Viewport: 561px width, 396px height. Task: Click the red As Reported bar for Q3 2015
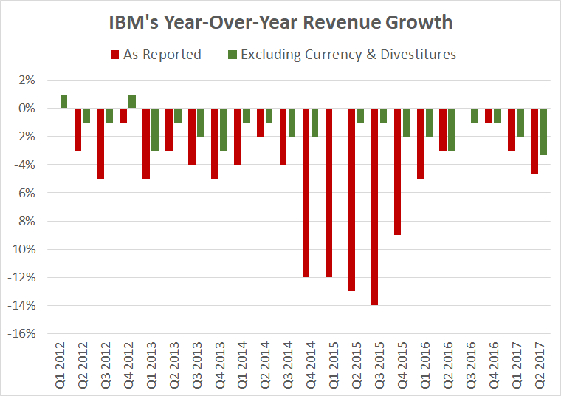[376, 207]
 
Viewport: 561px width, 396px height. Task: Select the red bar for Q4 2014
[307, 193]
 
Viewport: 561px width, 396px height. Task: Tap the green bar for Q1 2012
[64, 101]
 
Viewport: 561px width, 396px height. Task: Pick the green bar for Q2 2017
[543, 132]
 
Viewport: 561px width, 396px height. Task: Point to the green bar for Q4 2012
[132, 101]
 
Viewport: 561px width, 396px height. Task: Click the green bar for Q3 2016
[475, 115]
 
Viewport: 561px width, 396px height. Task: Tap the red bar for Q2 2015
[353, 199]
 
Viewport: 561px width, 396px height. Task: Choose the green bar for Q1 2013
[155, 129]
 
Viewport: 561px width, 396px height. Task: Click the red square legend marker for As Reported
[114, 54]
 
